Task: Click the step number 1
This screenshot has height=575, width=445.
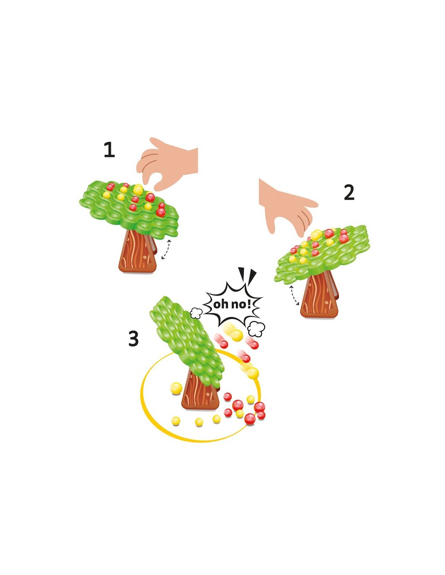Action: (x=109, y=150)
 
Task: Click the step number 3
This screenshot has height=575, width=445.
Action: (x=133, y=339)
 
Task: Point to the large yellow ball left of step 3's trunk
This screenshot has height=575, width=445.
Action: (x=176, y=388)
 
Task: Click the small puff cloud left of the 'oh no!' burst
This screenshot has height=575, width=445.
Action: (x=196, y=313)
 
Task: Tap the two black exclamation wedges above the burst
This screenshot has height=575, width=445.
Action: (x=247, y=275)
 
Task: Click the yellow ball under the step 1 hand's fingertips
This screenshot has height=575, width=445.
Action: (x=138, y=190)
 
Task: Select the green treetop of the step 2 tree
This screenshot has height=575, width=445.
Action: (x=322, y=255)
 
